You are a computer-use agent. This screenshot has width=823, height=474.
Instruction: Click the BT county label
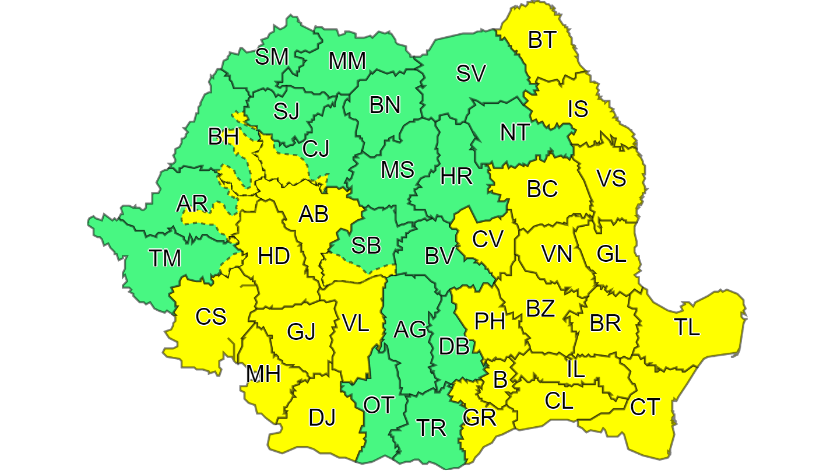(543, 41)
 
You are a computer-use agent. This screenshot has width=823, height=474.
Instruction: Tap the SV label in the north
(470, 73)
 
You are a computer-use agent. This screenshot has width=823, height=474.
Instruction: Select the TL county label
(687, 328)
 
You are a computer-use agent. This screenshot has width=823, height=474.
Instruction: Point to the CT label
(645, 406)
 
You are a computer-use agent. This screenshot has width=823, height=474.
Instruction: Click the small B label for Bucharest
(500, 381)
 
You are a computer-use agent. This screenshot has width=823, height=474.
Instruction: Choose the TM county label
(165, 258)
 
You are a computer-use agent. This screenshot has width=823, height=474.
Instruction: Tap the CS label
(210, 317)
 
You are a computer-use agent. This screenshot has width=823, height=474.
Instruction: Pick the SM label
(272, 57)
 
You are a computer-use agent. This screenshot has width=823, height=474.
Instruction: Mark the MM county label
(347, 61)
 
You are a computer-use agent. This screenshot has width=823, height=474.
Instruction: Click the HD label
(273, 257)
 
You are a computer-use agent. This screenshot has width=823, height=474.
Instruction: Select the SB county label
(366, 246)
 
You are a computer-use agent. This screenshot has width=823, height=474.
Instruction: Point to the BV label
(440, 255)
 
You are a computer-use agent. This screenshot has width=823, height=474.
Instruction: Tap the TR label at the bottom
(431, 429)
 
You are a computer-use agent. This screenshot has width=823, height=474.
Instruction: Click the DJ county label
(322, 417)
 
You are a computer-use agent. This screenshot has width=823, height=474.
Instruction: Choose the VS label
(611, 178)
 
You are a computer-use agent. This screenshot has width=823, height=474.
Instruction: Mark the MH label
(263, 374)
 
